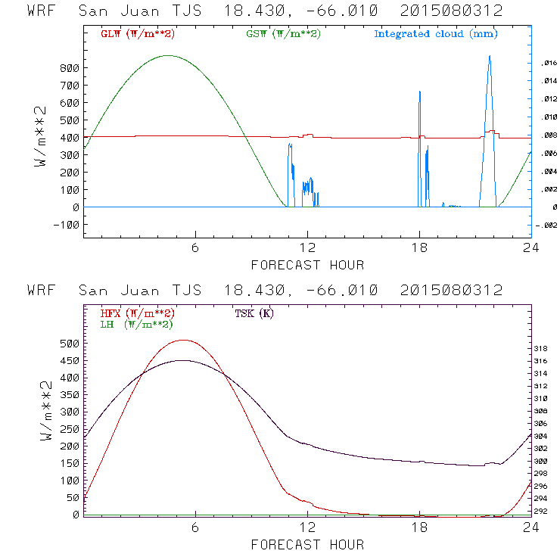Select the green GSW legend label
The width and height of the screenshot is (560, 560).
click(x=284, y=34)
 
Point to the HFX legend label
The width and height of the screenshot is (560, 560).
click(x=137, y=313)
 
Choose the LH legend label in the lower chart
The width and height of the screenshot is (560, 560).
click(x=136, y=324)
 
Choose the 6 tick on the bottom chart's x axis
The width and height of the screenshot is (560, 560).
click(x=195, y=527)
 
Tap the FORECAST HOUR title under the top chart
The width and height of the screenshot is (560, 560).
click(x=307, y=265)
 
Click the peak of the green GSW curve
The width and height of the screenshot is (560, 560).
click(x=168, y=55)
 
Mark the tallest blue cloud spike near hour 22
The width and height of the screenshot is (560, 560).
click(x=490, y=56)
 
